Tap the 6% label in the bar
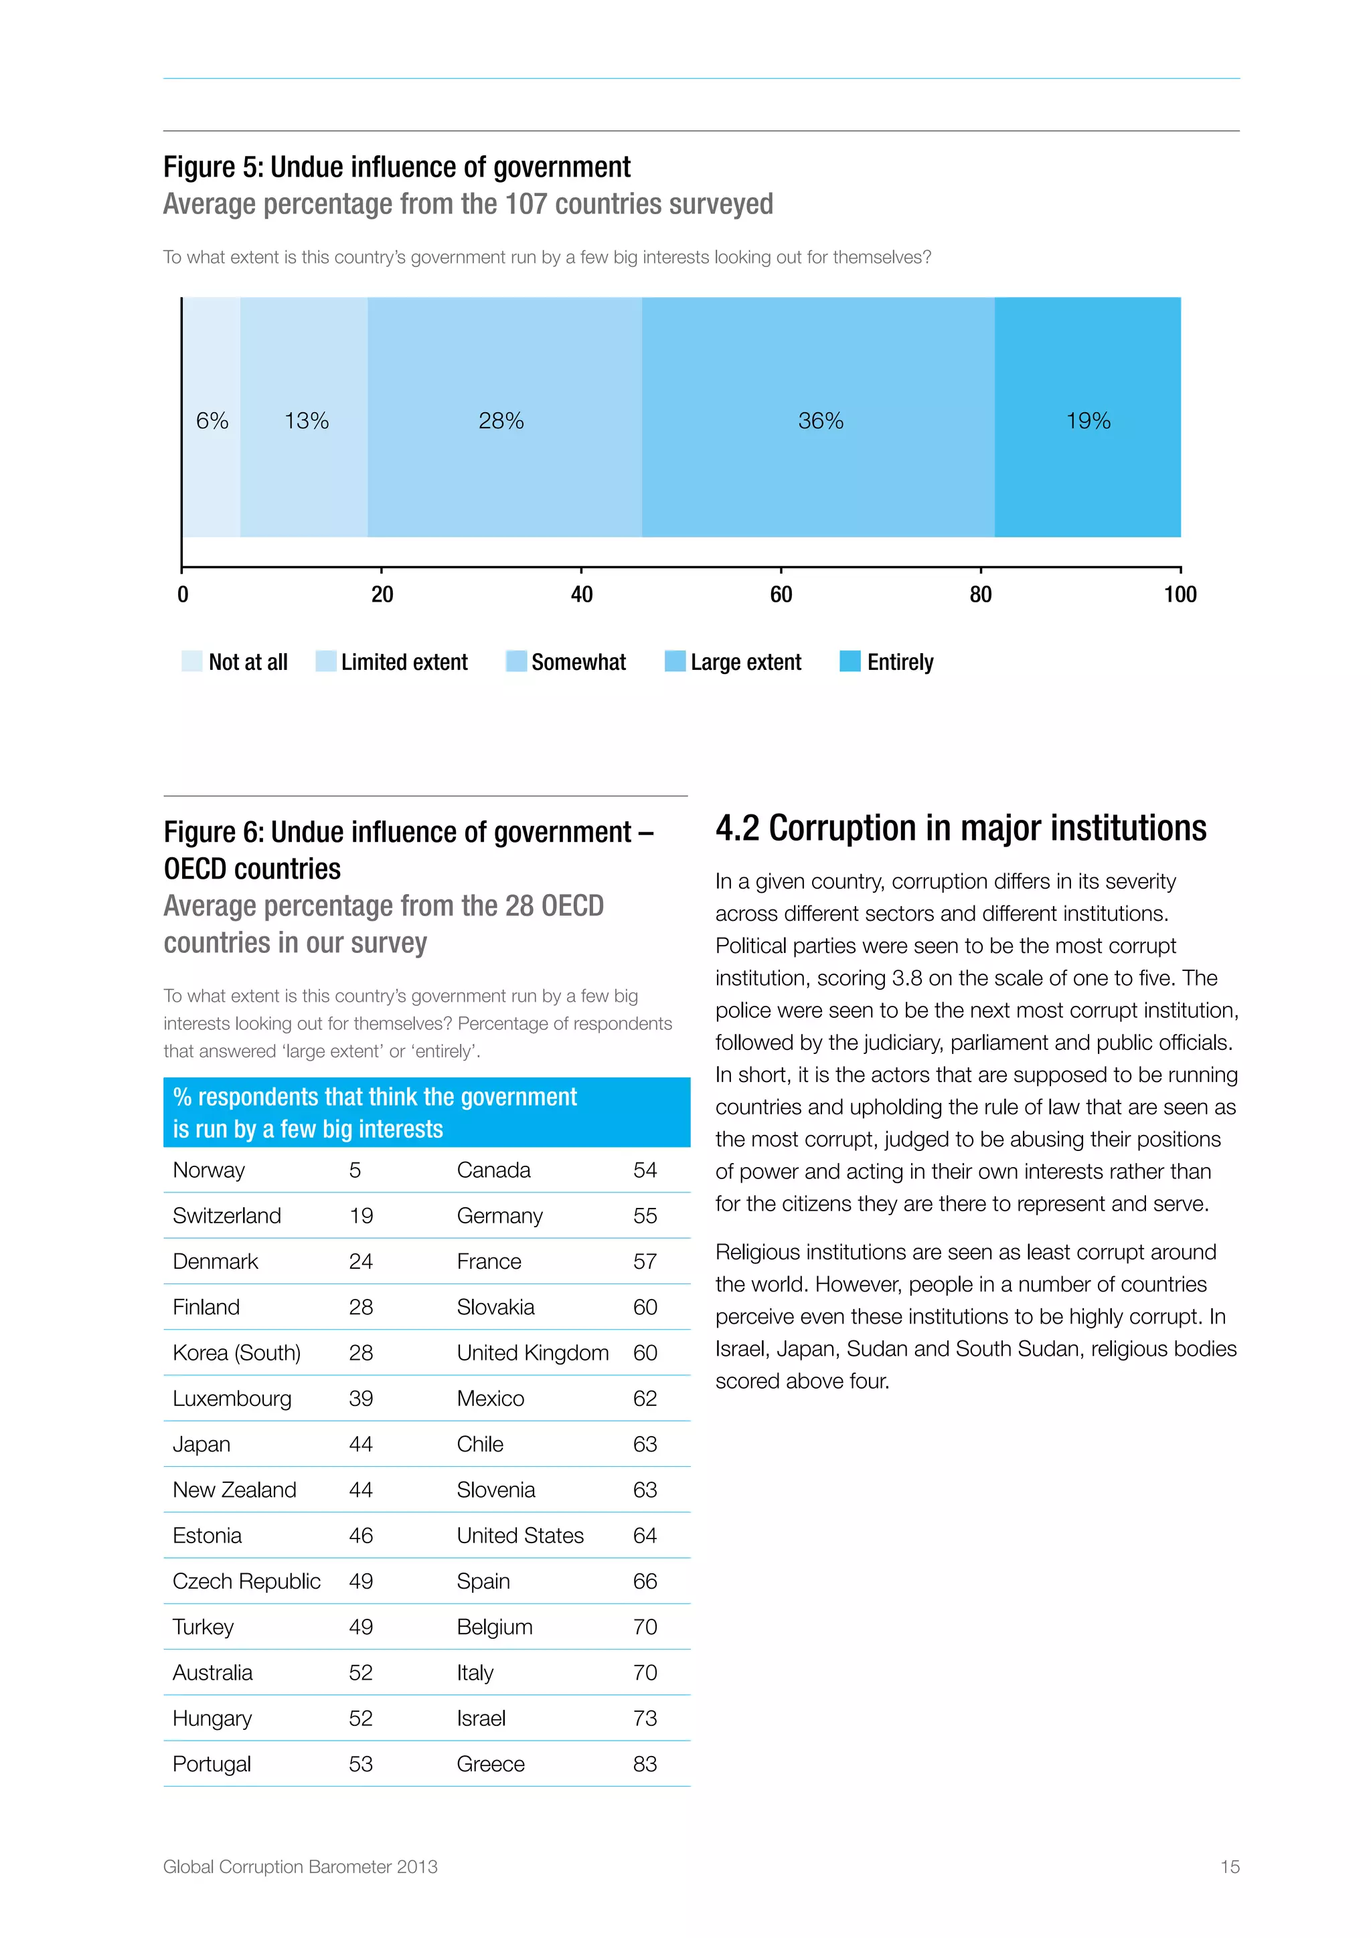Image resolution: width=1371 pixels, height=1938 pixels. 212,420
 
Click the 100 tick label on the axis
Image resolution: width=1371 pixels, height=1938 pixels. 1180,594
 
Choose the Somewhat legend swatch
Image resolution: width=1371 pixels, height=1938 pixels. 516,661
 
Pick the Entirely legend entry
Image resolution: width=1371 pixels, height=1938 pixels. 899,662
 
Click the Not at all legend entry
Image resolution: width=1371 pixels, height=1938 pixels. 247,662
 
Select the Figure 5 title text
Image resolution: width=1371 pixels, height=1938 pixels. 397,167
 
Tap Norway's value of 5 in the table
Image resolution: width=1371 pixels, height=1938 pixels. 355,1170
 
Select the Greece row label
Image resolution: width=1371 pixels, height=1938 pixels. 491,1764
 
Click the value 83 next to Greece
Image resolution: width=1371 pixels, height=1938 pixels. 645,1764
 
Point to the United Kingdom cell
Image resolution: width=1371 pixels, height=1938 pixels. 533,1352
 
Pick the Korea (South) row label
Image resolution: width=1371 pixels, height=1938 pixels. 236,1352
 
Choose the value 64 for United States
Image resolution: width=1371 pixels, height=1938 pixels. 645,1535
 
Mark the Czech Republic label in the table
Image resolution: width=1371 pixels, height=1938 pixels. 246,1581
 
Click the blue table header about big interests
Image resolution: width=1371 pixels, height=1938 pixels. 426,1112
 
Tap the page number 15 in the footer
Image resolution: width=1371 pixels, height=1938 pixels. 1229,1867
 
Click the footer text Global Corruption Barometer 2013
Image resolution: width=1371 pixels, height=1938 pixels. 301,1867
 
